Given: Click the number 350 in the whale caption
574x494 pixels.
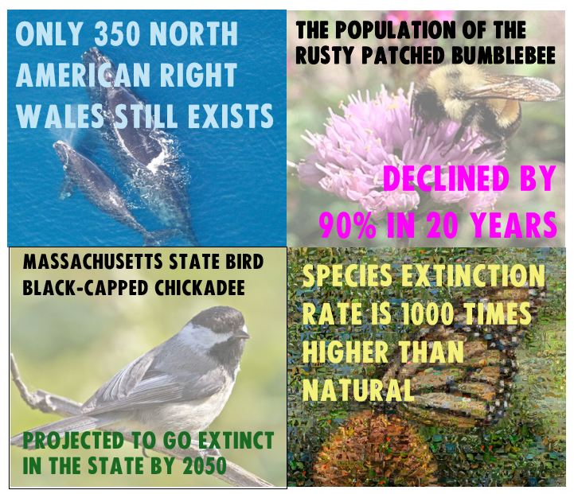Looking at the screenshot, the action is (117, 33).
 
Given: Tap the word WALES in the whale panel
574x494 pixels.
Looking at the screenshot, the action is (61, 115).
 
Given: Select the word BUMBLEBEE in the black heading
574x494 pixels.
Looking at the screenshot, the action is (503, 56).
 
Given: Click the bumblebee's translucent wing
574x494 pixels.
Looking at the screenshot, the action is (513, 88).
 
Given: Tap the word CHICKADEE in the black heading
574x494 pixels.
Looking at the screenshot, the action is (200, 287).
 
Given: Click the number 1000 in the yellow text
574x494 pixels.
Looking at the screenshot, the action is (428, 313).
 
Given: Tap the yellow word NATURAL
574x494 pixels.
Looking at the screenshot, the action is (359, 390).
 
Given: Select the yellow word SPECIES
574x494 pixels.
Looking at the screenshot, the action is (347, 275).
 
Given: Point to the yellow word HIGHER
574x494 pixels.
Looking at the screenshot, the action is (346, 352).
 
